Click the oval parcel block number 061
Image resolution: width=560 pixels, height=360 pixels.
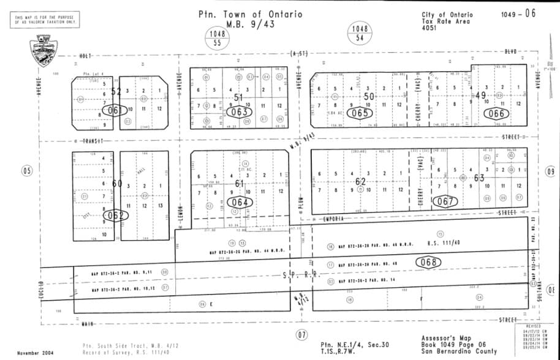[114, 110]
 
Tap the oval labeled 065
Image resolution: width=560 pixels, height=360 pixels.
[360, 113]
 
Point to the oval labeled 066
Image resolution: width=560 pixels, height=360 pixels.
[496, 113]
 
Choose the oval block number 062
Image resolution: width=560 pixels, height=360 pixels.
[115, 215]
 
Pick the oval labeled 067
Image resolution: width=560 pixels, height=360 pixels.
[445, 201]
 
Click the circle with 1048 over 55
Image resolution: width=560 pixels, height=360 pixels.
[217, 38]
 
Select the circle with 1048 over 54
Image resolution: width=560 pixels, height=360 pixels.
[360, 33]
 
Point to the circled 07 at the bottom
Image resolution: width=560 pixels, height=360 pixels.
[301, 335]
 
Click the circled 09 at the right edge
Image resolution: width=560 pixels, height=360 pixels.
[550, 172]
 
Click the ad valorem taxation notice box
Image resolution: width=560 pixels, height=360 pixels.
[46, 20]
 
